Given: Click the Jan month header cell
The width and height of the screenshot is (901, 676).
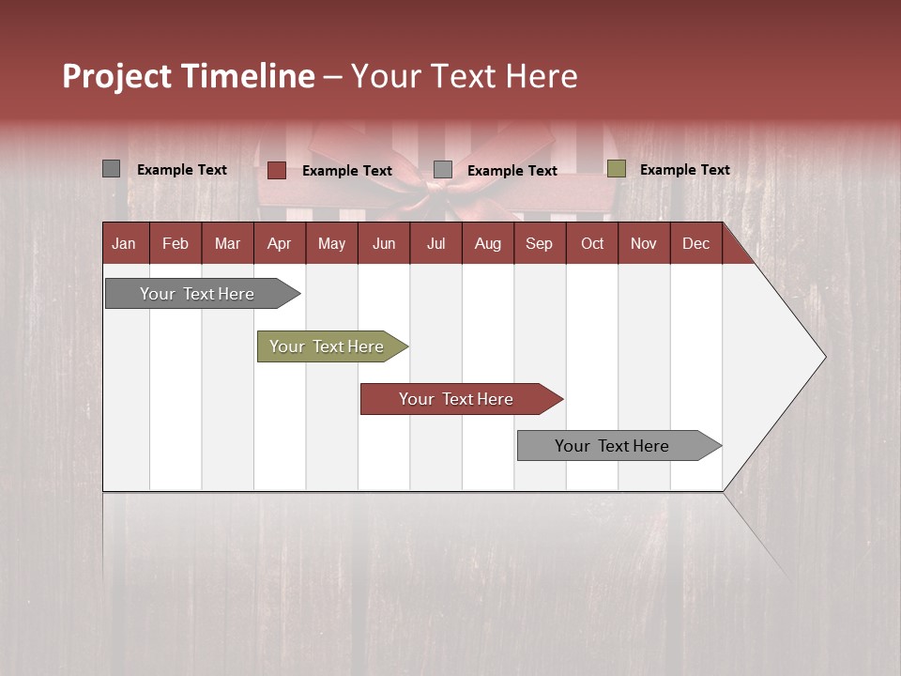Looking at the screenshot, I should click(x=124, y=243).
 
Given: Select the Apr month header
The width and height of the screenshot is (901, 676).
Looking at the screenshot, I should click(x=279, y=243).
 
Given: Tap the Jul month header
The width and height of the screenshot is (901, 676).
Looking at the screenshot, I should click(x=435, y=243).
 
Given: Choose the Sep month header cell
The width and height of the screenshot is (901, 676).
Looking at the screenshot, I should click(x=539, y=243).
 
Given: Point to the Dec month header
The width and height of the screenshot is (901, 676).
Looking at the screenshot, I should click(x=695, y=243).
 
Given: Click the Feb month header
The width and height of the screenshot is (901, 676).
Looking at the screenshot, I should click(x=176, y=243).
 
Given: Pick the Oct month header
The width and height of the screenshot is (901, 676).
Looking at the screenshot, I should click(x=592, y=243).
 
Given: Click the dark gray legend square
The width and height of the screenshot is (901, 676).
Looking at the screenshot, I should click(x=112, y=169).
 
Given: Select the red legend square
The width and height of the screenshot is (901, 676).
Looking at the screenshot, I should click(x=277, y=170).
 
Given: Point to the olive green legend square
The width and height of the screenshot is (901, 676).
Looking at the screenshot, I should click(x=616, y=169).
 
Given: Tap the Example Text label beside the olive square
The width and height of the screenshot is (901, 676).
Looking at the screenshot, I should click(x=684, y=169).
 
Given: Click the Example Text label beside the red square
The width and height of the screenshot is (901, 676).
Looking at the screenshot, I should click(x=346, y=170).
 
